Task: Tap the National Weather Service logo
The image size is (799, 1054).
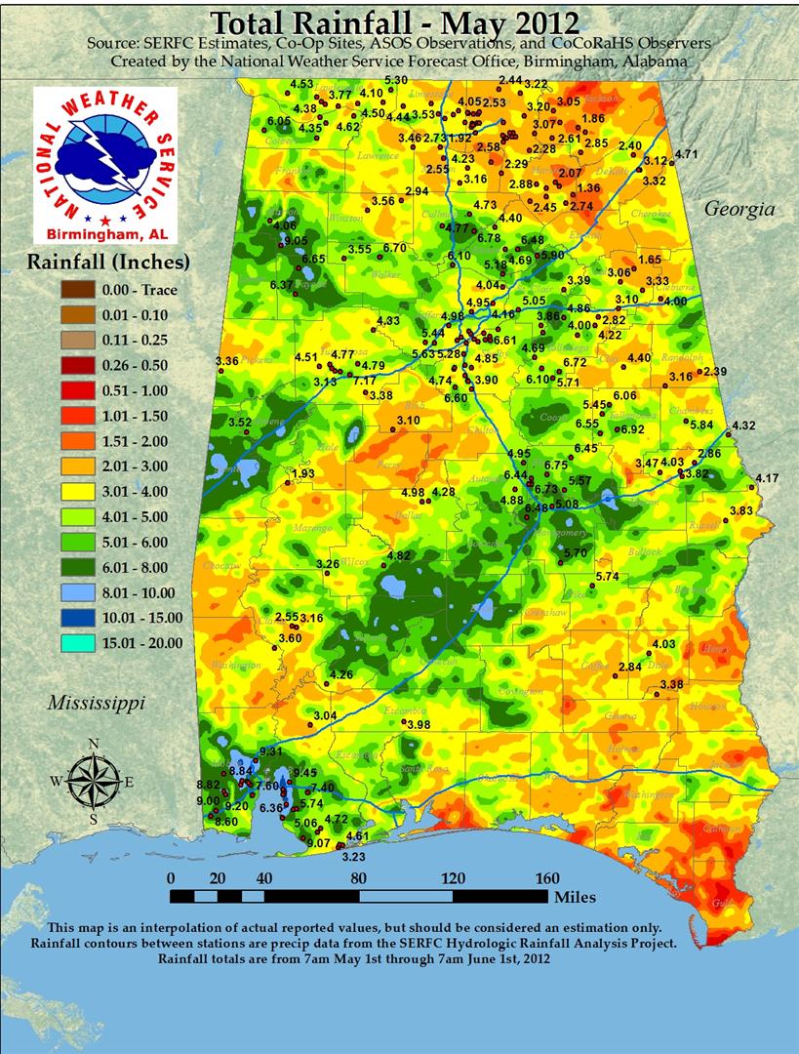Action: (x=104, y=156)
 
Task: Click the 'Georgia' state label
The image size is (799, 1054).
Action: (x=739, y=209)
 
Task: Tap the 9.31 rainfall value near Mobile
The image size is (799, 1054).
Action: (x=270, y=750)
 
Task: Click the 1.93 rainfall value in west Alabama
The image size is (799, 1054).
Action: (x=303, y=473)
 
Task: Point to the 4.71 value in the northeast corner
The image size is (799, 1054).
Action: (x=687, y=154)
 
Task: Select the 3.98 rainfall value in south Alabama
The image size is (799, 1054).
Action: (x=419, y=725)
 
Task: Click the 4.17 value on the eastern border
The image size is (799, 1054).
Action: (x=768, y=478)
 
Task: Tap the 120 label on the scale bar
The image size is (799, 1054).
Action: (x=452, y=876)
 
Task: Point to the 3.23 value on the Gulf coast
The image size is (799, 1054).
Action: (x=353, y=857)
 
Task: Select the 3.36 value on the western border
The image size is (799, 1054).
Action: (x=227, y=361)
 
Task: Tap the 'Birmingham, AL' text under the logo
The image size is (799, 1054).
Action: (x=104, y=235)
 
